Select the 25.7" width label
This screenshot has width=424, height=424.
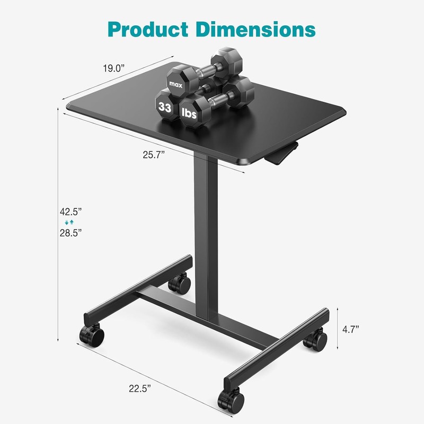pos(154,155)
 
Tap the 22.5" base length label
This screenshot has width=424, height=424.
pos(139,387)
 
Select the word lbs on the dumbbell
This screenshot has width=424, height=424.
pos(191,113)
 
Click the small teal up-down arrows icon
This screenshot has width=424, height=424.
pos(67,222)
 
